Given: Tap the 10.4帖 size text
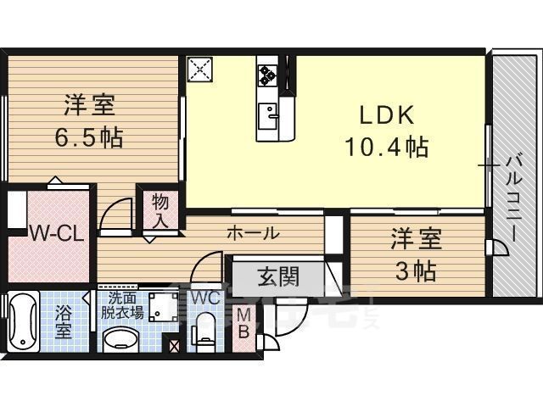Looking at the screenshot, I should pos(386,148).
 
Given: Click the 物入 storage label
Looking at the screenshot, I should pos(160,210).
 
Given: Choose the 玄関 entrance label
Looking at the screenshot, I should pos(276,276).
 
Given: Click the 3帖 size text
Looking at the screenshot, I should pos(413,271).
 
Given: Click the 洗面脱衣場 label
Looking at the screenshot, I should pos(120,304).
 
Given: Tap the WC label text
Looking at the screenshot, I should pos(205,298).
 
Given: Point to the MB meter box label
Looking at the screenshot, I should pos(243,323).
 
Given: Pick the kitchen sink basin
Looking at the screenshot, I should pos(268,114).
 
